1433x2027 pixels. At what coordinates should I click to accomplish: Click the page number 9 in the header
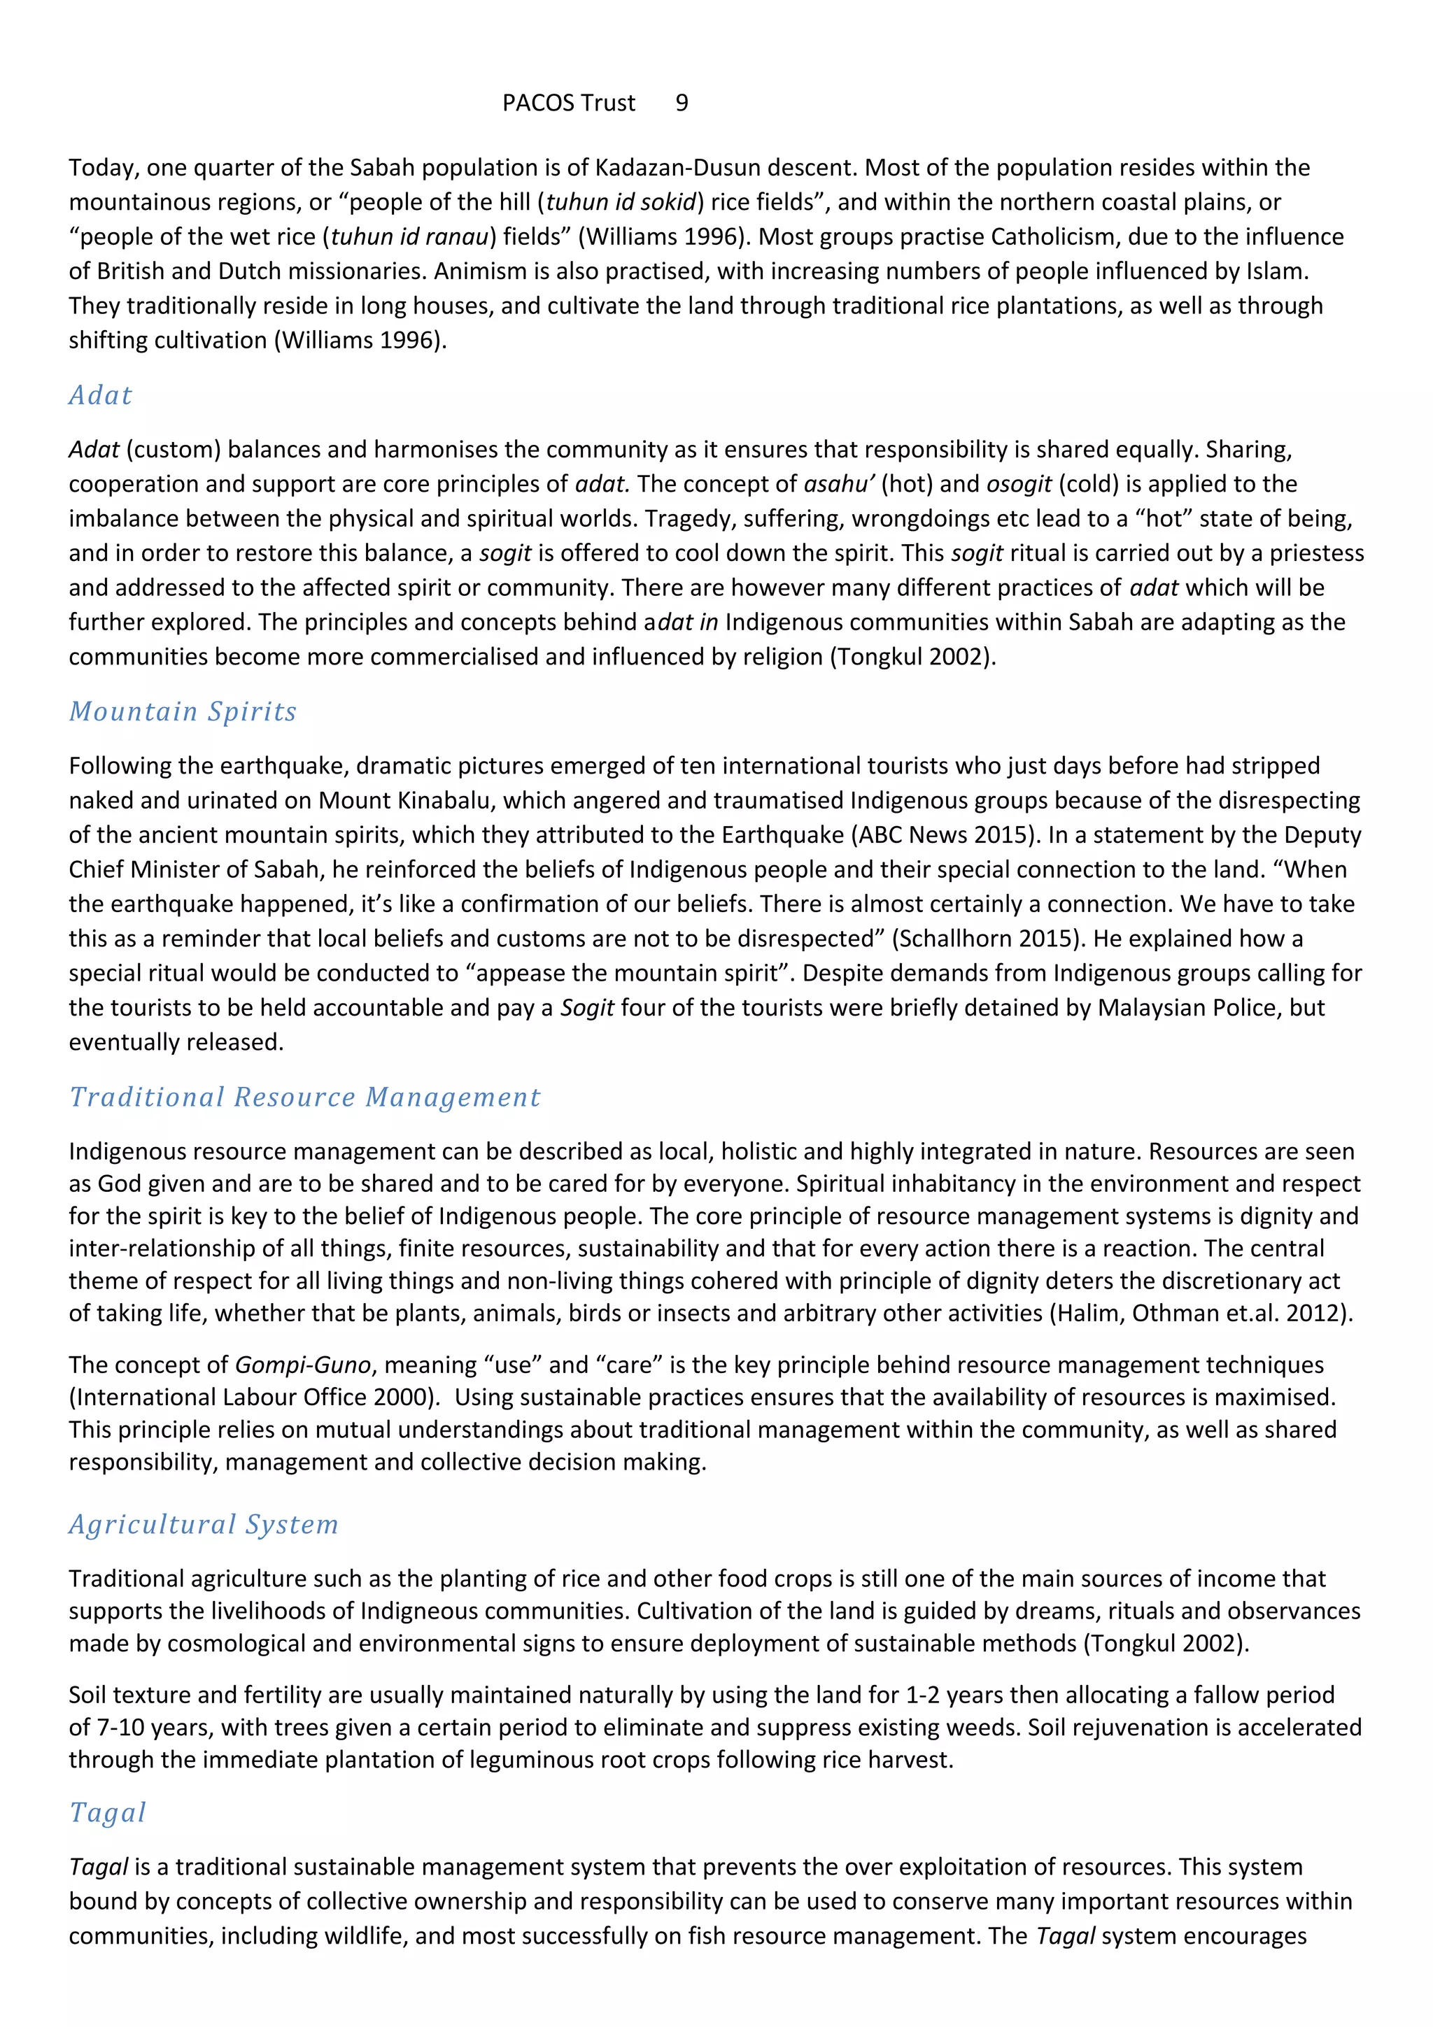click(682, 104)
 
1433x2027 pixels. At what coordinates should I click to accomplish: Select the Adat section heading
click(101, 394)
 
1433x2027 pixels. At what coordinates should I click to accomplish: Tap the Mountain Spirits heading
click(183, 711)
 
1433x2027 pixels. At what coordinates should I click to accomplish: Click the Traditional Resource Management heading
click(304, 1097)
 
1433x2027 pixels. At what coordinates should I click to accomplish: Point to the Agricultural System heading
click(204, 1524)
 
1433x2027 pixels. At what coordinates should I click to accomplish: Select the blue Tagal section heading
click(108, 1812)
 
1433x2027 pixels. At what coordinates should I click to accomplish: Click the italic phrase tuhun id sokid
click(621, 202)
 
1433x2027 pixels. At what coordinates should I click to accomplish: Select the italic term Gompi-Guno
click(303, 1364)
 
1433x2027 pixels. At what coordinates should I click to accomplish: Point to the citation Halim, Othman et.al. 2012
click(1200, 1313)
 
